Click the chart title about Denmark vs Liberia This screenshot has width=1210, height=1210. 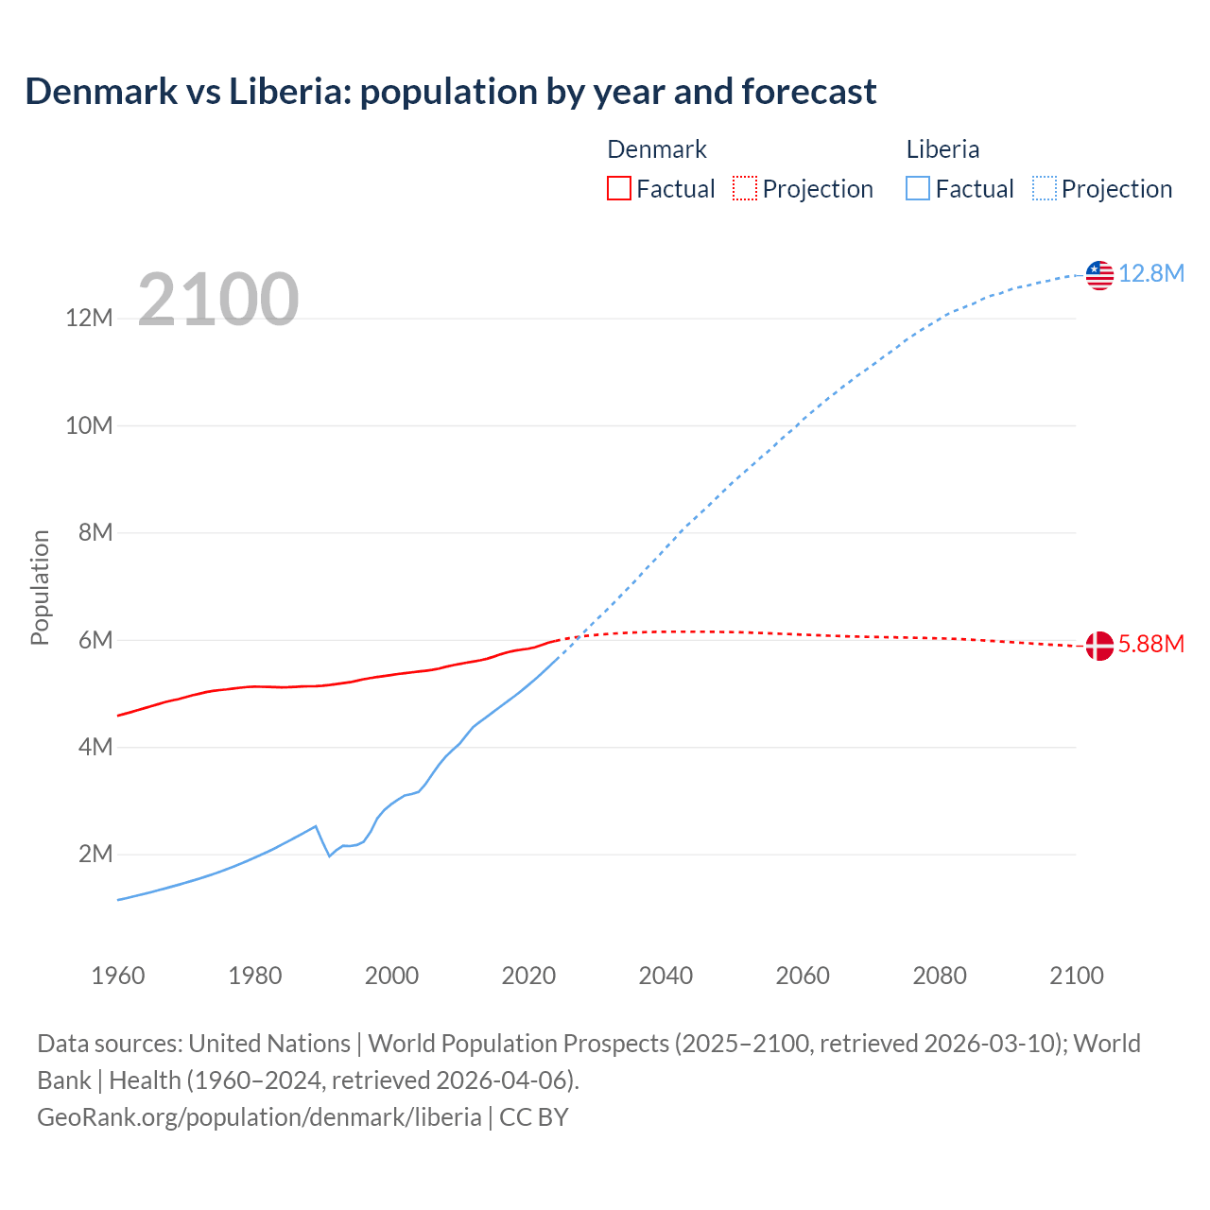pyautogui.click(x=451, y=92)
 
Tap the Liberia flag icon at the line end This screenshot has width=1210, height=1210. pyautogui.click(x=1099, y=274)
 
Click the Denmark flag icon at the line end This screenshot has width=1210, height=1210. pyautogui.click(x=1099, y=646)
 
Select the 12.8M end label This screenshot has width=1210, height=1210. pyautogui.click(x=1151, y=274)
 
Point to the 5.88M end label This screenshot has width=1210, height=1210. pyautogui.click(x=1151, y=645)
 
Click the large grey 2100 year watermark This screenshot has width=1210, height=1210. pyautogui.click(x=218, y=300)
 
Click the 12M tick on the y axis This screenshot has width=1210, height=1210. pyautogui.click(x=89, y=319)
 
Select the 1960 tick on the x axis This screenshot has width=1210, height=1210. pyautogui.click(x=118, y=976)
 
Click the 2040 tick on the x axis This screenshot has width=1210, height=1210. pyautogui.click(x=665, y=976)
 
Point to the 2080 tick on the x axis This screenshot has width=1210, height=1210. pyautogui.click(x=940, y=976)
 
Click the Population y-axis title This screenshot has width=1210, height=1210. pyautogui.click(x=40, y=587)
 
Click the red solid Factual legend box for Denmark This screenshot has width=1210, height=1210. pyautogui.click(x=619, y=189)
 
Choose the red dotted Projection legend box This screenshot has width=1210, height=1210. pyautogui.click(x=745, y=189)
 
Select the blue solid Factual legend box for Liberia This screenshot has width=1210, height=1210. pyautogui.click(x=918, y=189)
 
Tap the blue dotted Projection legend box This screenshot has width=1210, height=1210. pyautogui.click(x=1045, y=189)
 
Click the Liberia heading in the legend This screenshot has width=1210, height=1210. pyautogui.click(x=942, y=149)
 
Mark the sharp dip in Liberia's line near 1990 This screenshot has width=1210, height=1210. pyautogui.click(x=329, y=855)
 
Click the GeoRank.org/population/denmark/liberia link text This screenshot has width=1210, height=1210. pyautogui.click(x=259, y=1117)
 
